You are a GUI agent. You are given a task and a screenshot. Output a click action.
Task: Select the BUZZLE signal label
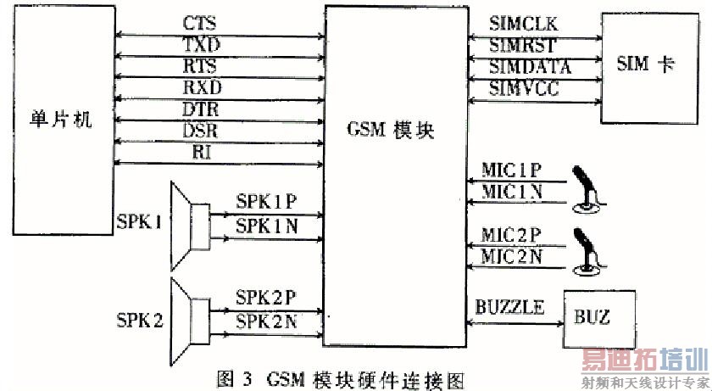coord(509,307)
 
